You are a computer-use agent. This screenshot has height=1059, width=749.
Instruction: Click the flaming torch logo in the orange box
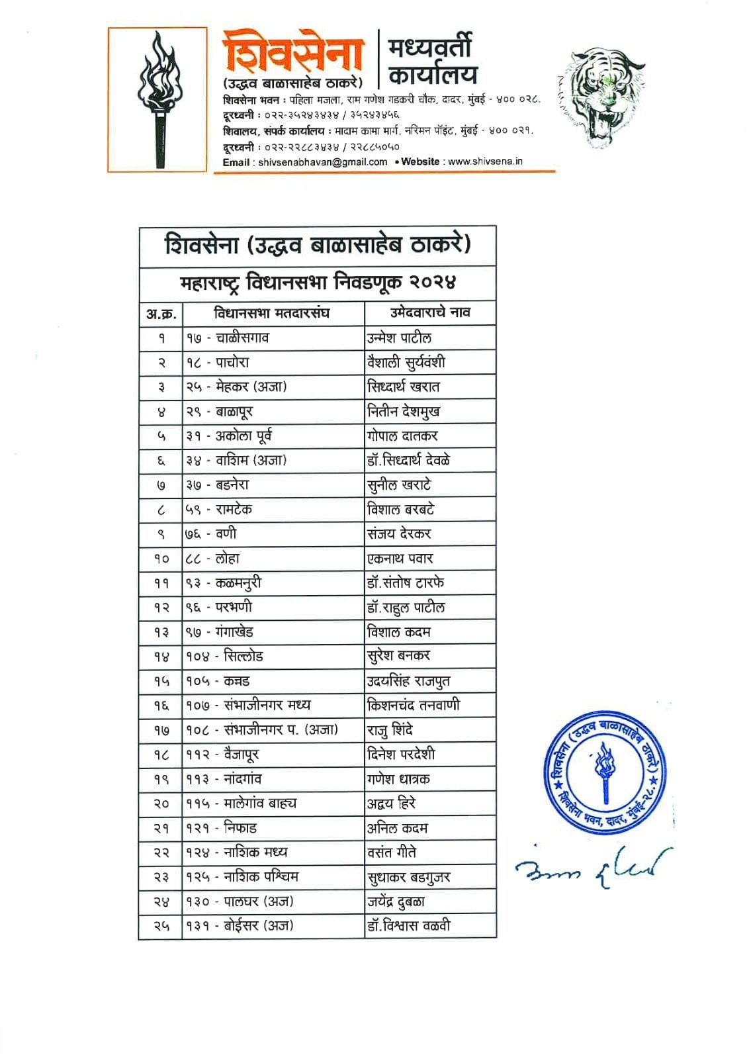click(158, 99)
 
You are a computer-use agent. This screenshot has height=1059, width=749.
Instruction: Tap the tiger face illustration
click(601, 96)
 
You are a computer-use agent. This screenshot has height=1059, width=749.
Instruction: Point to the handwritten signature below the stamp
click(592, 868)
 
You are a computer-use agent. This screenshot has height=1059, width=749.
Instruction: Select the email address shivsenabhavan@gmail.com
click(322, 161)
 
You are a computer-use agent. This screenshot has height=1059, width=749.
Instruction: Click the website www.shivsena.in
click(485, 161)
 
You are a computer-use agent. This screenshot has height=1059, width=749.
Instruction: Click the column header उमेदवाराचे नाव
click(430, 312)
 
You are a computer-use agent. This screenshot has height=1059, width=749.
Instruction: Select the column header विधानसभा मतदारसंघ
click(271, 312)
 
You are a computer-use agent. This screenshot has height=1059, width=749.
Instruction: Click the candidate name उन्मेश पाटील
click(400, 338)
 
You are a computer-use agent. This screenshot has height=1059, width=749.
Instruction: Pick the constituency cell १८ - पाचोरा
click(218, 362)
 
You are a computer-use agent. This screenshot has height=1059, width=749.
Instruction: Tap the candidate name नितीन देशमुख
click(404, 412)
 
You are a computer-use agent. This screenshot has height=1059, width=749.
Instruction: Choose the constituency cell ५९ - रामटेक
click(219, 510)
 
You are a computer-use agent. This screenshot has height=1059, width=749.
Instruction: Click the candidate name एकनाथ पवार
click(400, 559)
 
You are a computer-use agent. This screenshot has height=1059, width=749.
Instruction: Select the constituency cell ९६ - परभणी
click(219, 607)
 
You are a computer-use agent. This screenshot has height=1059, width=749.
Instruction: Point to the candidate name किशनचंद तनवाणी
click(414, 705)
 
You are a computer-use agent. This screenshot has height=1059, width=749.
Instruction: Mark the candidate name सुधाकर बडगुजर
click(409, 877)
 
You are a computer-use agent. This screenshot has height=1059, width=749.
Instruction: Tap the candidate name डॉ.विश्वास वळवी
click(409, 925)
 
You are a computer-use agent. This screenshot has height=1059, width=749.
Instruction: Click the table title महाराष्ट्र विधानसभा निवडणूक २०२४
click(318, 283)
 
